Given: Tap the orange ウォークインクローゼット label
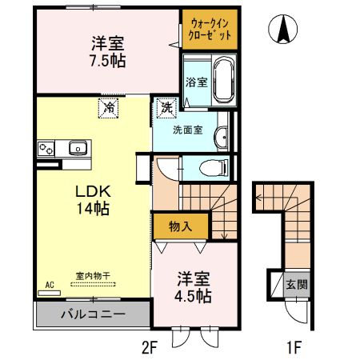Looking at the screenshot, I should click(210, 30).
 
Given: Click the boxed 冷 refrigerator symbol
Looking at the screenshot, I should click(107, 108).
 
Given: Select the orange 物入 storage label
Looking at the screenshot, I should click(182, 226).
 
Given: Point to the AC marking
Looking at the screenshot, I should click(50, 285).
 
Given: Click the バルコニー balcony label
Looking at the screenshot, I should click(93, 313).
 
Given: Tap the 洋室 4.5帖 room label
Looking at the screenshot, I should click(193, 288).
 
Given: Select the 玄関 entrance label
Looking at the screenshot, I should click(296, 284).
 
